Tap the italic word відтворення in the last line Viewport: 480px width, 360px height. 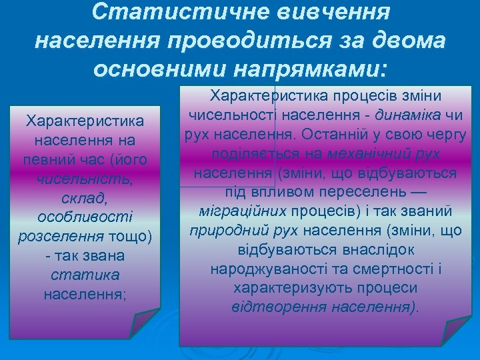coord(266,308)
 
